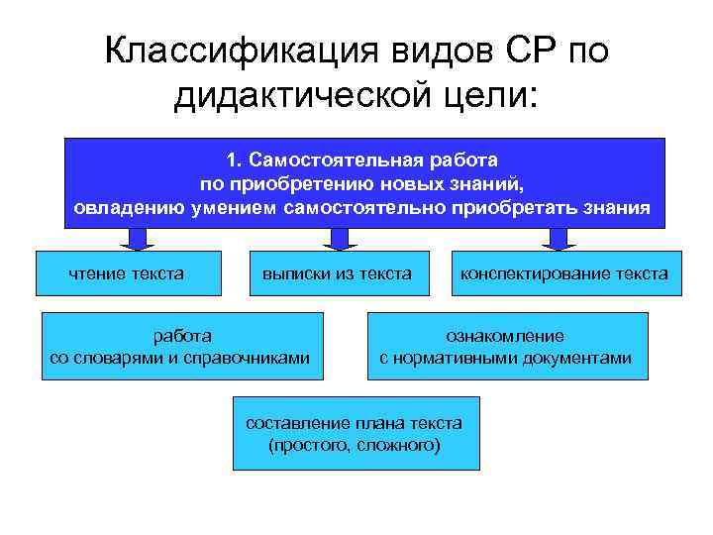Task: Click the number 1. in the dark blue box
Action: [x=234, y=160]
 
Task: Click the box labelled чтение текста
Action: [x=126, y=272]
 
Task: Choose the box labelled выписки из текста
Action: [x=336, y=272]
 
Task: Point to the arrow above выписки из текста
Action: [x=340, y=239]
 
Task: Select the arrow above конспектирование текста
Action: [x=557, y=239]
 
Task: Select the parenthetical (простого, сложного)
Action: [x=355, y=445]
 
